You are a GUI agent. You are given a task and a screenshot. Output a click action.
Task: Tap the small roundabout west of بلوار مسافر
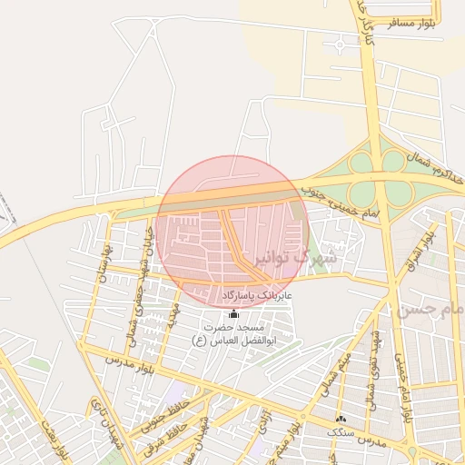click(x=339, y=41)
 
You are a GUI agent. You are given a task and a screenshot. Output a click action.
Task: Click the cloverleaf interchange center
click(x=378, y=177)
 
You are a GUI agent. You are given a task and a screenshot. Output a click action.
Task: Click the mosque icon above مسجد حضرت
click(x=235, y=313)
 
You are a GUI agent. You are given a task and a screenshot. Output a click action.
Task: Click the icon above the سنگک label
click(x=341, y=419)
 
